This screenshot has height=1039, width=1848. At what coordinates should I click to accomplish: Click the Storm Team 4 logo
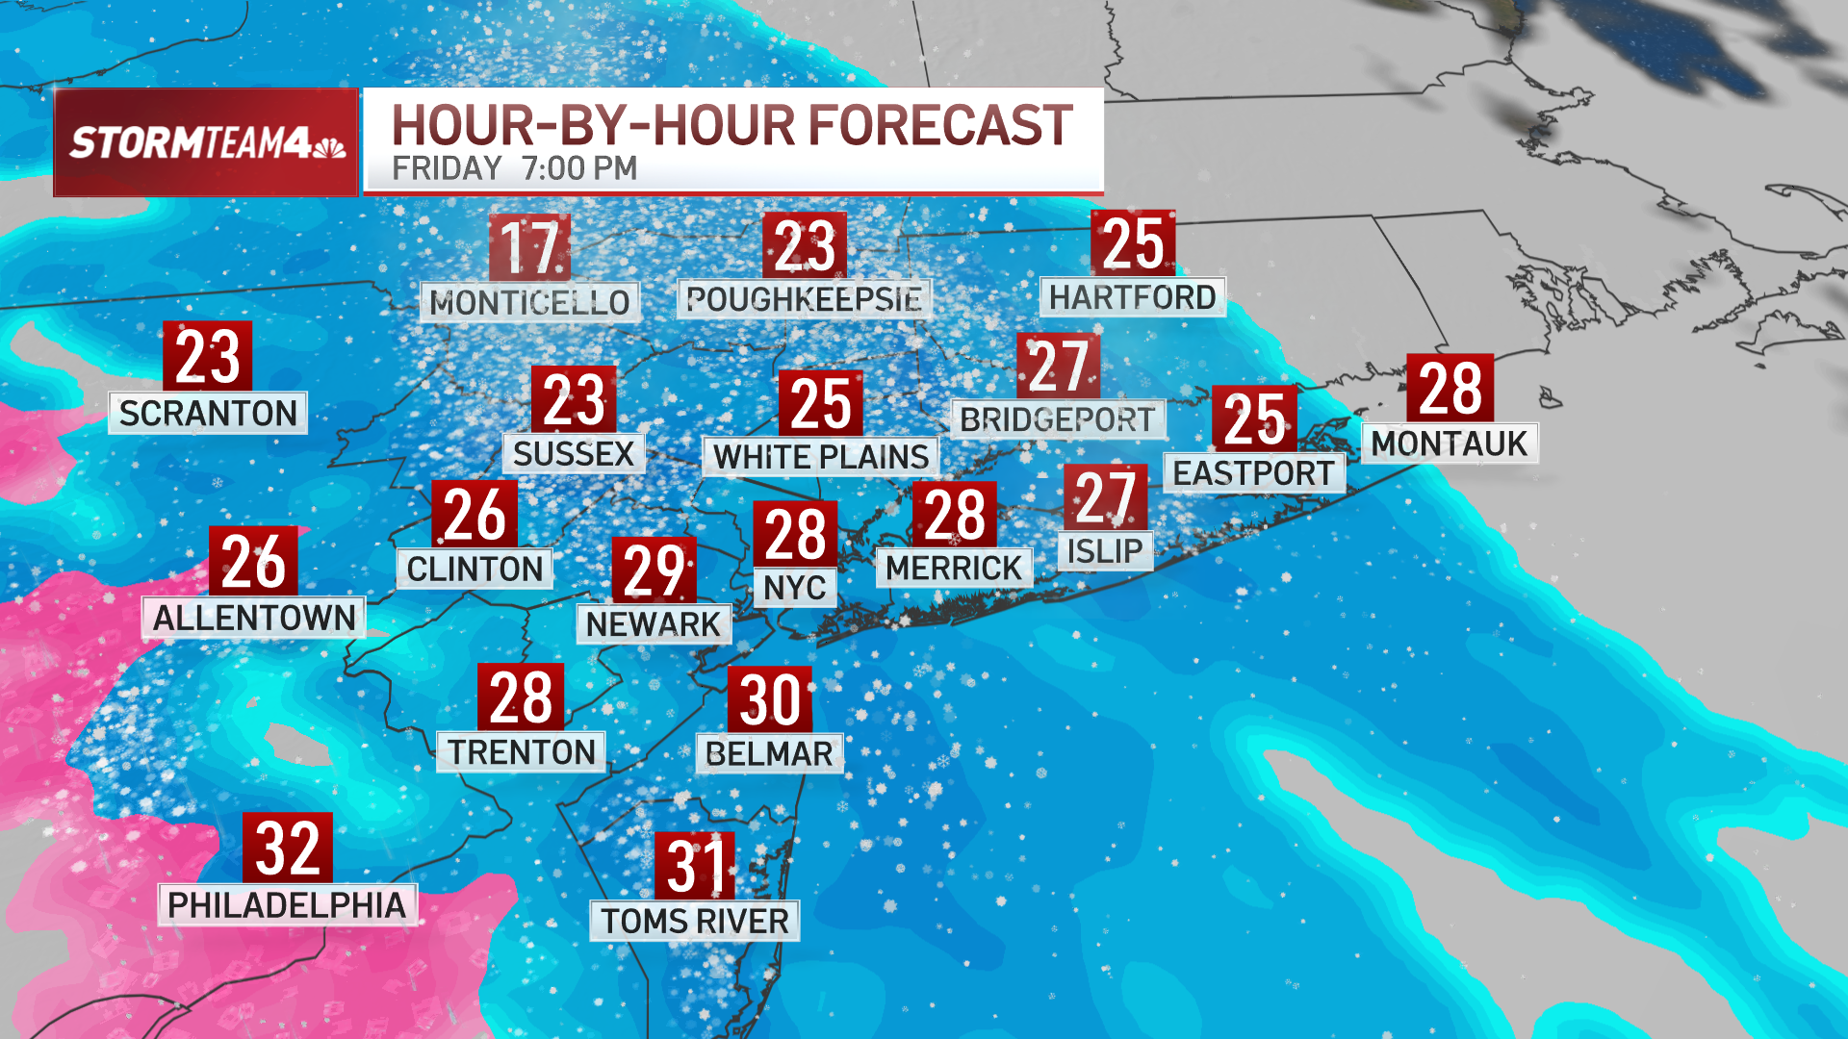(206, 142)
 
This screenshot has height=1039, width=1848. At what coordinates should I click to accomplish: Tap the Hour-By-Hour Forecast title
(731, 126)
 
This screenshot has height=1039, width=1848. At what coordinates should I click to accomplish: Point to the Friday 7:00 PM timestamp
(514, 168)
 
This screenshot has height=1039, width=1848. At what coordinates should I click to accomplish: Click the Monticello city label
(529, 302)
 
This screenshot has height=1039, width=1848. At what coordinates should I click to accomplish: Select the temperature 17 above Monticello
(529, 246)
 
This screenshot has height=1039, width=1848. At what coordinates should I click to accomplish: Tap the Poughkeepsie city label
(804, 299)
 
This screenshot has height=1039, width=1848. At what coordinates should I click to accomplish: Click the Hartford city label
(1132, 297)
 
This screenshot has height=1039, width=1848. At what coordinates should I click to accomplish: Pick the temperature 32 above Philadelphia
(287, 848)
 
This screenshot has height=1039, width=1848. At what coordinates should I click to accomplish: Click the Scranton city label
(208, 413)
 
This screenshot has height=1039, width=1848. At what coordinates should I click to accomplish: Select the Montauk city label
(1449, 443)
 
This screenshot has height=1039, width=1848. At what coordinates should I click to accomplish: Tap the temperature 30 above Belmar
(769, 699)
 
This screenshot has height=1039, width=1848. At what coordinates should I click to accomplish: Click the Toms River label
(695, 921)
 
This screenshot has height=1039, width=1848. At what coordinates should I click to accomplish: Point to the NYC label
(794, 587)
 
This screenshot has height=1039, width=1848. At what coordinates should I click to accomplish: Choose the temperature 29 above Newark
(654, 570)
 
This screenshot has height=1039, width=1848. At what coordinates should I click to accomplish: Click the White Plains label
(821, 456)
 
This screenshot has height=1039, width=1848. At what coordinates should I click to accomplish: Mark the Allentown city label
(254, 618)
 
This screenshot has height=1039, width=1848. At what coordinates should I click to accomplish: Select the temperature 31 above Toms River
(695, 866)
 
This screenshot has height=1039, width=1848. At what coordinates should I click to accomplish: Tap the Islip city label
(1105, 551)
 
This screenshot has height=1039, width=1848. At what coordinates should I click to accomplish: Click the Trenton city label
(522, 751)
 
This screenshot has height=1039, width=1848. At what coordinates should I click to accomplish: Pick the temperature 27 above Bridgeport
(1058, 366)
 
